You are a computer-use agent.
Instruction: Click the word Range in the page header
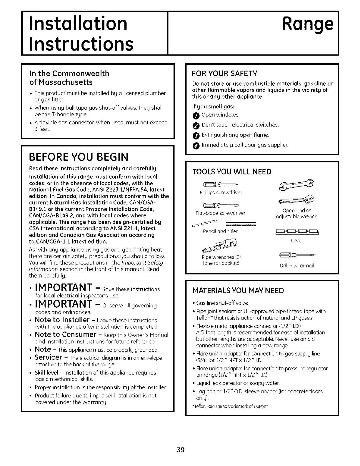point(307,24)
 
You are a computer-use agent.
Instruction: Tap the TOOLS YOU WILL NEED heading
point(231,172)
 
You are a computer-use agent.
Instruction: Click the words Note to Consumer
point(66,334)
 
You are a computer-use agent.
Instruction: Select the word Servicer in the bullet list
point(48,357)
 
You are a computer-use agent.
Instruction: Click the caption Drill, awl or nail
point(297,266)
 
